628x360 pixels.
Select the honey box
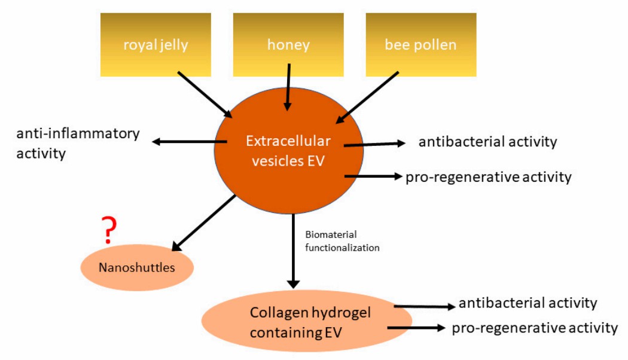point(288,44)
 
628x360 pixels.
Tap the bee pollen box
point(421,44)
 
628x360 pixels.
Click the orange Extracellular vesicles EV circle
point(288,150)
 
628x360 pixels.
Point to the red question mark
point(108,230)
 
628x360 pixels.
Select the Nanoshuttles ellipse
point(137,267)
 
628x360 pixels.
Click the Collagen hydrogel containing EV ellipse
point(306,322)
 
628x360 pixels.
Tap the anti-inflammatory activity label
point(78,143)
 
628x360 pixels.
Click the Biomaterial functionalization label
point(342,241)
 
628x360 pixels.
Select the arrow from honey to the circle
point(288,87)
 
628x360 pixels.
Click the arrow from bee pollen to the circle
point(367,98)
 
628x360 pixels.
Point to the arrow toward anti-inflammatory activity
point(189,142)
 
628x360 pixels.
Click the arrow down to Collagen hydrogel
point(293,251)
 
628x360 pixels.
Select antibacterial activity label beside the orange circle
point(487,142)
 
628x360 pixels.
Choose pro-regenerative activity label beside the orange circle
point(488,177)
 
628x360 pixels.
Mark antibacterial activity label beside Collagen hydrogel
point(528,303)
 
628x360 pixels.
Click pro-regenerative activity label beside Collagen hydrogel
point(534,328)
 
